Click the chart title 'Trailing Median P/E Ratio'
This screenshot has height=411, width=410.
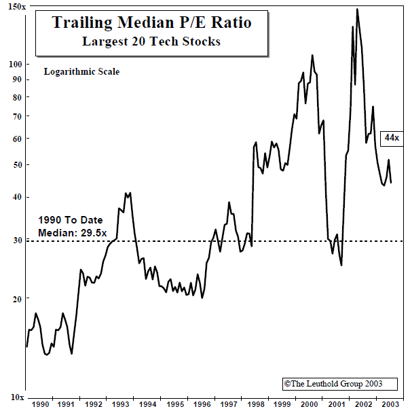(x=151, y=23)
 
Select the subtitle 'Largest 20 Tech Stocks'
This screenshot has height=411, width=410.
(x=151, y=41)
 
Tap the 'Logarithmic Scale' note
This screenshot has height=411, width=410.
(x=81, y=71)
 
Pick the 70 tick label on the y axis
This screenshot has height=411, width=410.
(x=18, y=116)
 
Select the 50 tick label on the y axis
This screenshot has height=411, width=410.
(x=18, y=164)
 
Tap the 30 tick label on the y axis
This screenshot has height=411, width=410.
(x=18, y=240)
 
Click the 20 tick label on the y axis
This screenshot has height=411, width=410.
(x=18, y=298)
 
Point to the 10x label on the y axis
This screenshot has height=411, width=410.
(x=16, y=397)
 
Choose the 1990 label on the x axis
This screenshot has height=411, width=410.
(x=40, y=404)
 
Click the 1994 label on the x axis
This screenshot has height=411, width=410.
(x=149, y=404)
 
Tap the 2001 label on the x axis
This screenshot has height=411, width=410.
(x=337, y=404)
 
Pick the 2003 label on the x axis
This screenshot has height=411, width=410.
(x=390, y=404)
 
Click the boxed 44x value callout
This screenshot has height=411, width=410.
(x=391, y=138)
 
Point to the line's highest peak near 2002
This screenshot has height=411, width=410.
(x=357, y=9)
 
